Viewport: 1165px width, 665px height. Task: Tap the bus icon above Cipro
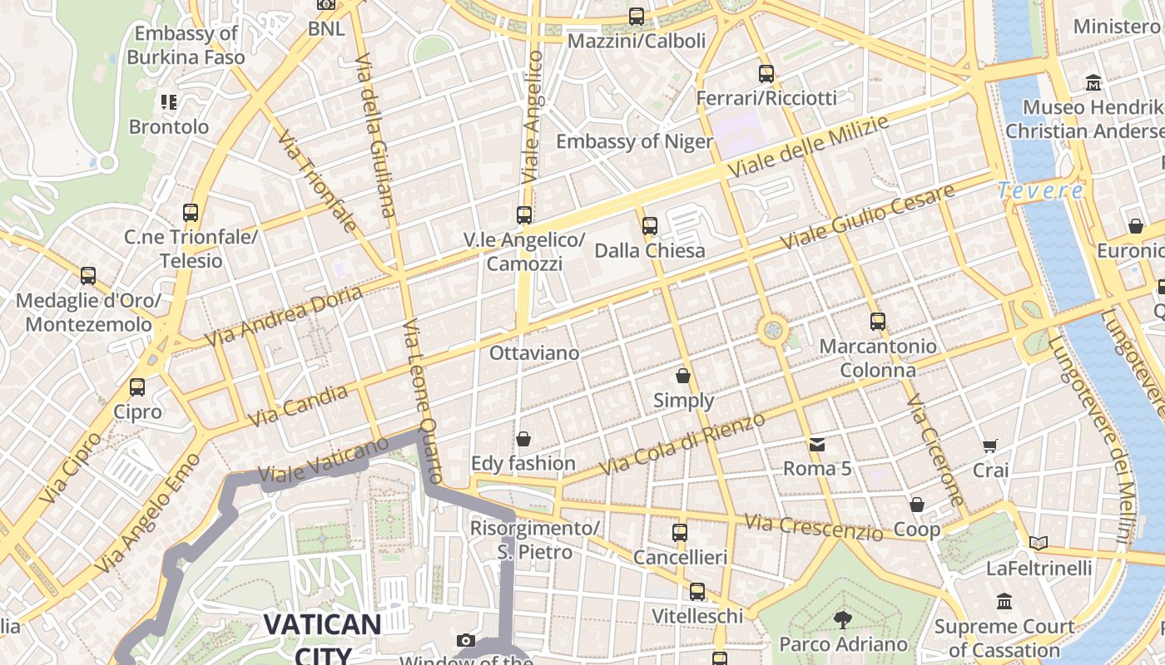pos(137,387)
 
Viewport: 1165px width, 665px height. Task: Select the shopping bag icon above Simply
pos(683,376)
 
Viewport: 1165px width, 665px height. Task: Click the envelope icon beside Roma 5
pos(817,444)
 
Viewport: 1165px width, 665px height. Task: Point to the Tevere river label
pos(1041,190)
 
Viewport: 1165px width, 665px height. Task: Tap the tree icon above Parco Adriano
pos(843,618)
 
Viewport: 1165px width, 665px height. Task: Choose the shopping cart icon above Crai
pos(990,446)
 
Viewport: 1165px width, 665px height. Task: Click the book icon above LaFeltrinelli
pos(1039,544)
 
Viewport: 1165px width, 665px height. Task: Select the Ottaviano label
pos(534,353)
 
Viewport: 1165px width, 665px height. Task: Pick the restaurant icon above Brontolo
pos(169,102)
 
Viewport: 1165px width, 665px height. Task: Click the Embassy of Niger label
pos(634,141)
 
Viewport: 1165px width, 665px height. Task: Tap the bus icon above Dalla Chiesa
pos(650,225)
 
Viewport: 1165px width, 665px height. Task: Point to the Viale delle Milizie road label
pos(808,145)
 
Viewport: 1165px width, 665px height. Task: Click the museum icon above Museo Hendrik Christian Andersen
pos(1093,83)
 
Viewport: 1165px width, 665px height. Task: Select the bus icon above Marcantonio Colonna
pos(878,322)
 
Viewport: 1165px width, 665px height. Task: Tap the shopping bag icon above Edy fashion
pos(523,438)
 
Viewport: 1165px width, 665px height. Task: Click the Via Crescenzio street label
pos(813,527)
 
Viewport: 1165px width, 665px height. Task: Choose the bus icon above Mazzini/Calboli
pos(637,16)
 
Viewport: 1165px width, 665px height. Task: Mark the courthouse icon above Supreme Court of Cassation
pos(1004,601)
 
